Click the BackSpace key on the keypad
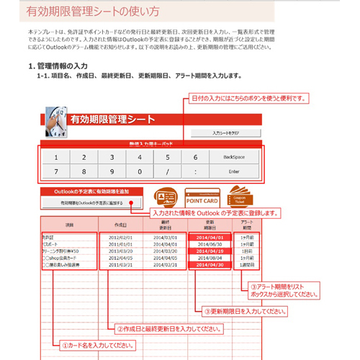[x=234, y=156]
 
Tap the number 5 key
[x=165, y=156]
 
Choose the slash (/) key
[x=165, y=173]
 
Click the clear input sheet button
[x=230, y=133]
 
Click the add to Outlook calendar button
[x=92, y=204]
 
